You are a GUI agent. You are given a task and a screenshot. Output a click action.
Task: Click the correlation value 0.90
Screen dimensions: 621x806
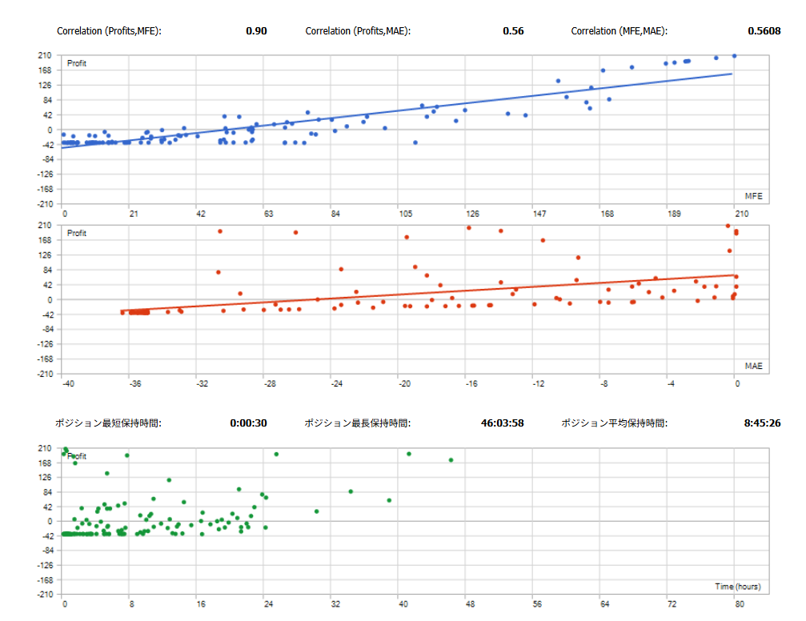[256, 31]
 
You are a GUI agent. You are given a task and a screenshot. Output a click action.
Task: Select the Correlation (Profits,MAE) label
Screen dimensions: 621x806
[359, 31]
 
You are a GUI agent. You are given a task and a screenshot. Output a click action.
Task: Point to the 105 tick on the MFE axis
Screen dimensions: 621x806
[405, 214]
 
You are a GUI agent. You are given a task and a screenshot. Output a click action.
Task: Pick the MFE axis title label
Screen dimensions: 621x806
[753, 195]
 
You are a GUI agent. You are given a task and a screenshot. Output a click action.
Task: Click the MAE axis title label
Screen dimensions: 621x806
[753, 366]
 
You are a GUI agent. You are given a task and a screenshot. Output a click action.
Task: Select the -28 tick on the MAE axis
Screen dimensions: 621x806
[270, 385]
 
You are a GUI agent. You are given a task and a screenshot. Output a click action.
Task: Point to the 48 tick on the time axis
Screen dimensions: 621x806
[471, 606]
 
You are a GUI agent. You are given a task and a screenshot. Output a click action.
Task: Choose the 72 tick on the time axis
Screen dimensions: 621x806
[672, 606]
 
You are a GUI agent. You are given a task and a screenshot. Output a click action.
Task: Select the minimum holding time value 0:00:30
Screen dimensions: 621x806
[248, 423]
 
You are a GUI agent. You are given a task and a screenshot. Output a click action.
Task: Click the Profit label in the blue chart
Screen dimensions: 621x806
[77, 63]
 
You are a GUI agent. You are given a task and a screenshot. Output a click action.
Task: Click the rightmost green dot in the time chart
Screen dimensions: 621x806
[451, 460]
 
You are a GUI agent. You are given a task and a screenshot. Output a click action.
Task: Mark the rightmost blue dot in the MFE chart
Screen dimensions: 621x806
[734, 56]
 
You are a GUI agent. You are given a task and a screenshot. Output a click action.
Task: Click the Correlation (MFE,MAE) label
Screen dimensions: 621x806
[619, 31]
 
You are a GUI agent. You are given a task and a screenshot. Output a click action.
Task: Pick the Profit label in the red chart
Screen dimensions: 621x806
[77, 234]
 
